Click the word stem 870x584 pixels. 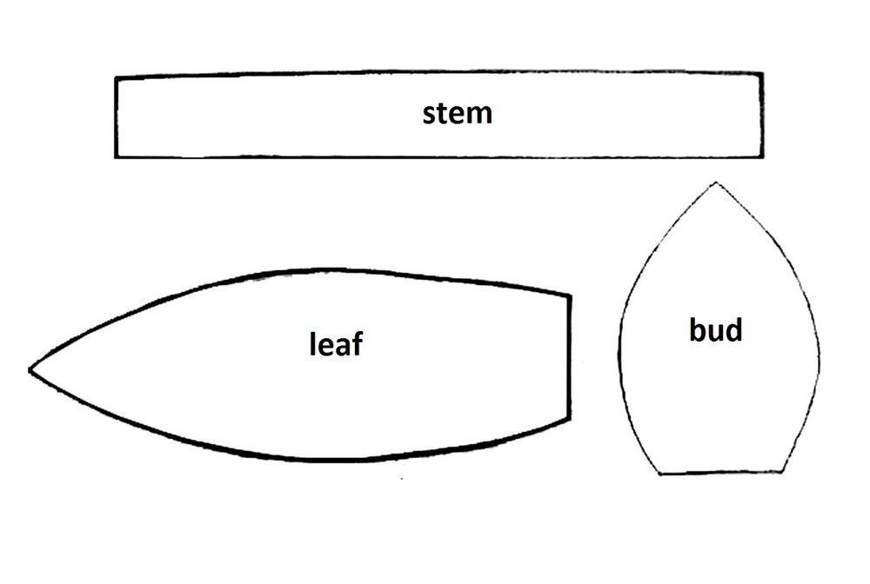(x=458, y=113)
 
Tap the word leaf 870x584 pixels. (x=336, y=343)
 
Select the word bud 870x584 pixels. (x=716, y=330)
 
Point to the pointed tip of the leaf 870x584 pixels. (x=30, y=370)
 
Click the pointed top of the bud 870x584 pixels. (x=716, y=182)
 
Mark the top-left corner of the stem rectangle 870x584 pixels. (x=117, y=78)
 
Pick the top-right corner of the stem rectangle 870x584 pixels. (x=762, y=74)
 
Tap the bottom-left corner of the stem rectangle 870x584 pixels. (x=117, y=156)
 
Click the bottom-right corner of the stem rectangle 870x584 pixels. (x=762, y=156)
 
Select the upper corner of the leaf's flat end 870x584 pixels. (x=569, y=296)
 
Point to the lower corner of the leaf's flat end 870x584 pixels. (x=569, y=418)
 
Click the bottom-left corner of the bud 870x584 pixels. (x=659, y=474)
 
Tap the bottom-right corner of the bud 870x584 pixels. (x=782, y=472)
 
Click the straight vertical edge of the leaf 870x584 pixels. (x=569, y=357)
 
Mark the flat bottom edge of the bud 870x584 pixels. (x=720, y=473)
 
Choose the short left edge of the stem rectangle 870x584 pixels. (x=117, y=117)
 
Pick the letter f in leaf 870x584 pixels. (x=356, y=343)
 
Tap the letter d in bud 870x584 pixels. (x=733, y=330)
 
